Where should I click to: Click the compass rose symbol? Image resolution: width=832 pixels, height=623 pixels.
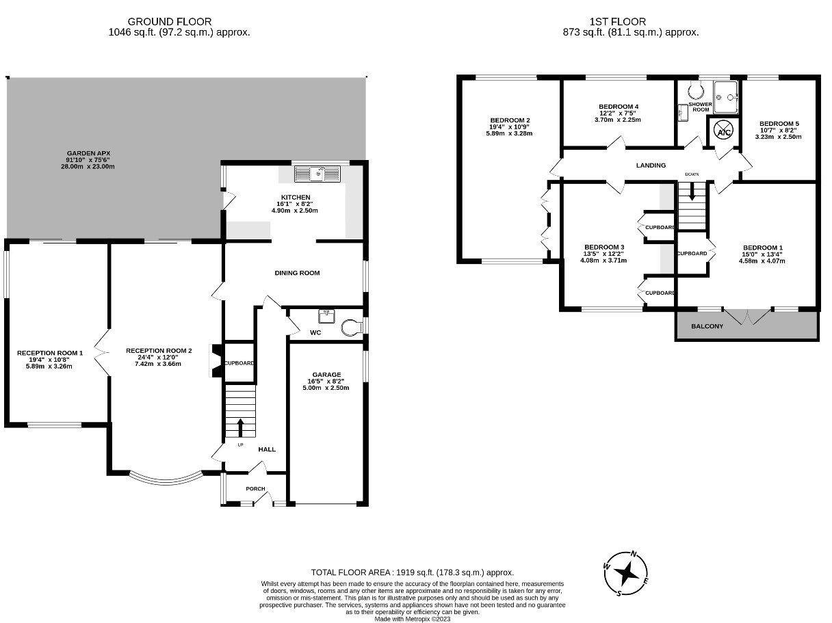(x=625, y=573)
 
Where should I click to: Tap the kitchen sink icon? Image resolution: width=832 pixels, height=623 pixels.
(x=317, y=174)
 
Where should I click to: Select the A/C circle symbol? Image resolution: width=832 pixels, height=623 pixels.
(x=723, y=131)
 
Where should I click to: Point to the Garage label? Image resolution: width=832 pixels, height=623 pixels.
(x=326, y=374)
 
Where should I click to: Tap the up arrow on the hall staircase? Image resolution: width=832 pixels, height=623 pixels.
(x=240, y=427)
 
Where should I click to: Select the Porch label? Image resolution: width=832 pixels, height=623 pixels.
(x=255, y=488)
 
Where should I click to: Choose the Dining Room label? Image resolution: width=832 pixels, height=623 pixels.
(x=297, y=273)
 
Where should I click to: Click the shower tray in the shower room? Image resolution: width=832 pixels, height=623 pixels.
(x=726, y=97)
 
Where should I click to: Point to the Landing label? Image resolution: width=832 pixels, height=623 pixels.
(x=651, y=165)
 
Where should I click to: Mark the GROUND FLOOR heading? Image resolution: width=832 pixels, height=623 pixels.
(x=170, y=22)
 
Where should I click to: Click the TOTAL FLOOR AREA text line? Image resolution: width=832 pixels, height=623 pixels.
(x=412, y=572)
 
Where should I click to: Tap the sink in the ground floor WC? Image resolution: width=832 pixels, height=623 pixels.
(x=326, y=317)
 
